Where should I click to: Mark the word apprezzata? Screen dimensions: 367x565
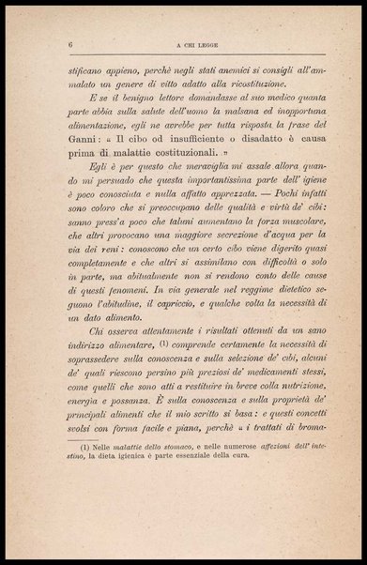[218, 214]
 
